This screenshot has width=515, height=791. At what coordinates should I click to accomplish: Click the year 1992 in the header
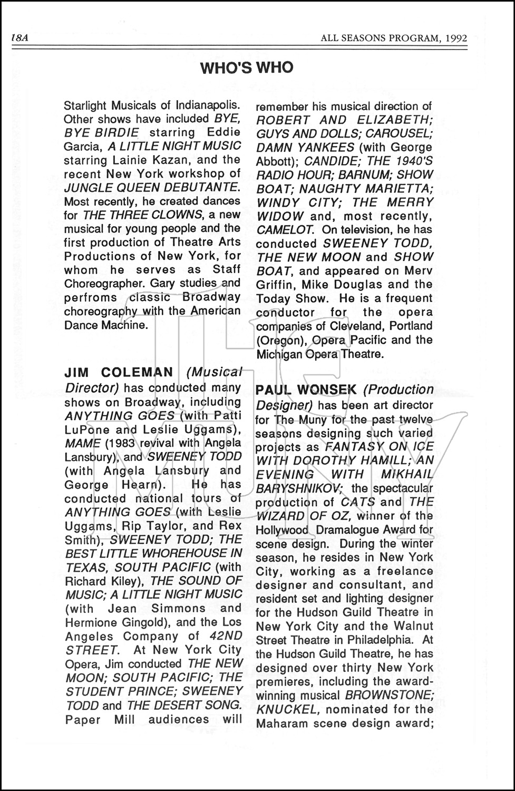point(455,38)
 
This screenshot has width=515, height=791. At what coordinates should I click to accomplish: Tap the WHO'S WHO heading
point(247,67)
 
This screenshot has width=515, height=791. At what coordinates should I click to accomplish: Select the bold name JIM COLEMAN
point(119,372)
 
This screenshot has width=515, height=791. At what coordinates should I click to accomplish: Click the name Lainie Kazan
point(134,160)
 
